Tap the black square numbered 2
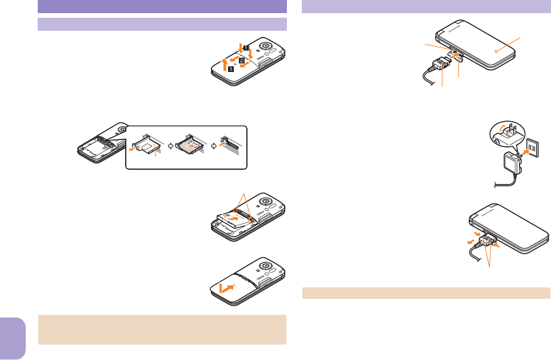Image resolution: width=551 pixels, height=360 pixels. coord(242,59)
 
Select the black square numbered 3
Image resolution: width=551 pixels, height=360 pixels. coord(230,69)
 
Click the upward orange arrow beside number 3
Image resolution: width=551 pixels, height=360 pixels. coord(226,59)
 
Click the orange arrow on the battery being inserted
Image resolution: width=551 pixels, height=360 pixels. coord(233,217)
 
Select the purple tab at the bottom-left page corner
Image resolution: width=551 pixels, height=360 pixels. coord(13,331)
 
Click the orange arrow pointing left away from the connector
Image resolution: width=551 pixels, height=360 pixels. coord(472,241)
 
